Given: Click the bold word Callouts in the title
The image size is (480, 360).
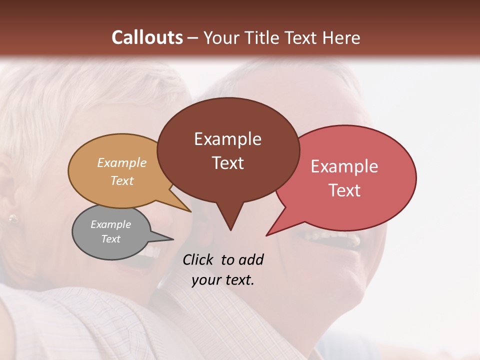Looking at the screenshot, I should tap(147, 37).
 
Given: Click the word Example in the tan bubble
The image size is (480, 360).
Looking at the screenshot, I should tap(122, 162).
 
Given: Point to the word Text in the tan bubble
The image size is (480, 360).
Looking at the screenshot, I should tap(122, 180).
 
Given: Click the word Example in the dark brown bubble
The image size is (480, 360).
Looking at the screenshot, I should tap(227, 139).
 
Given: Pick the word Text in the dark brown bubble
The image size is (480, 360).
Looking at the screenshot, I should tap(227, 163).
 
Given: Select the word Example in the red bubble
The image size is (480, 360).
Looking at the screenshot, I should tap(344, 166).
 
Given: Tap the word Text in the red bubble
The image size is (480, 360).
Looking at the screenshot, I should tap(344, 190).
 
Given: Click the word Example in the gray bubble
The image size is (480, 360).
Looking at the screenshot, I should tap(110, 224).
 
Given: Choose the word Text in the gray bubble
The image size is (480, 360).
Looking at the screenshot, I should tap(110, 239).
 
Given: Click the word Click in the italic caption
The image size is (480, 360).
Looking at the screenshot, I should tap(198, 260).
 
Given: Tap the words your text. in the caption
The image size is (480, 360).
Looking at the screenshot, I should tap(223, 280).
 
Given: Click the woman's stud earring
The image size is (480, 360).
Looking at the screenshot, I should tap(12, 218).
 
